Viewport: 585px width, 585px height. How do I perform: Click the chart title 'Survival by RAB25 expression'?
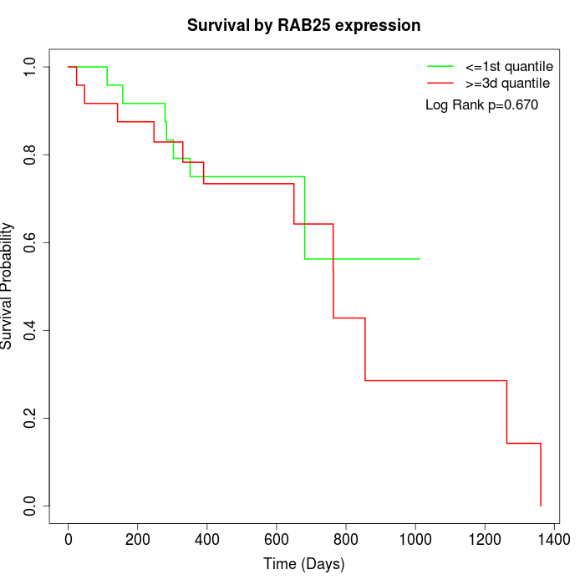click(303, 26)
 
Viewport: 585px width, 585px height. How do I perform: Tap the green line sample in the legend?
click(440, 66)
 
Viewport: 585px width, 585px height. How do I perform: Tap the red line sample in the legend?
click(440, 83)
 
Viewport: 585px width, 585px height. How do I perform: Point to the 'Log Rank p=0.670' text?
click(481, 105)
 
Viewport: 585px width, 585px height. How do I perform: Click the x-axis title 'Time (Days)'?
click(303, 564)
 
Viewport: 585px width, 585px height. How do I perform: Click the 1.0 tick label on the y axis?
click(31, 66)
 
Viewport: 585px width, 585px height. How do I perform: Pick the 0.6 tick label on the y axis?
click(31, 242)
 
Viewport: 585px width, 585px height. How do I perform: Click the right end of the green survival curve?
click(420, 259)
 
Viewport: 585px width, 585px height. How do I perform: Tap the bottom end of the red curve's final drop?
click(541, 506)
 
